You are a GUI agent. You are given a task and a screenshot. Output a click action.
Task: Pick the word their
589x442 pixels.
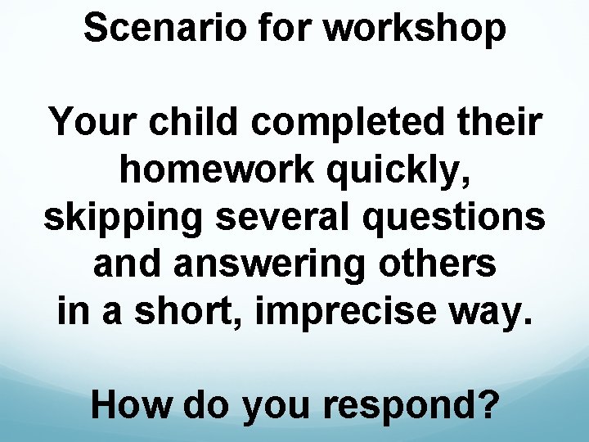click(500, 124)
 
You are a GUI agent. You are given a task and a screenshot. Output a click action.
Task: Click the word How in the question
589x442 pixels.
click(133, 404)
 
